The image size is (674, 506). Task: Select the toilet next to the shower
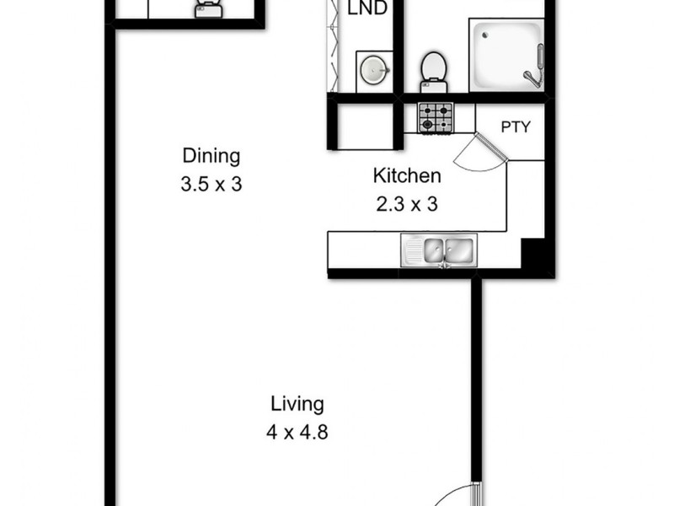tap(433, 67)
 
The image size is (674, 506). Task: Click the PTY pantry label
tap(516, 128)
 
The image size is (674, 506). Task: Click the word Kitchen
tap(407, 176)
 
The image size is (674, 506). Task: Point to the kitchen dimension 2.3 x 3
tap(407, 203)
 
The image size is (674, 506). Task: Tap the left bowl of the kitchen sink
tap(435, 249)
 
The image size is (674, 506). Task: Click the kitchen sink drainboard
tap(413, 249)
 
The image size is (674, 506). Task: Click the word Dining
tap(211, 156)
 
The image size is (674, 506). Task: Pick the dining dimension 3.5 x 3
tap(211, 184)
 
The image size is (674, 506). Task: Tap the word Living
tap(297, 404)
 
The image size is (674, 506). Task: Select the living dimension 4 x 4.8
tap(297, 433)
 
